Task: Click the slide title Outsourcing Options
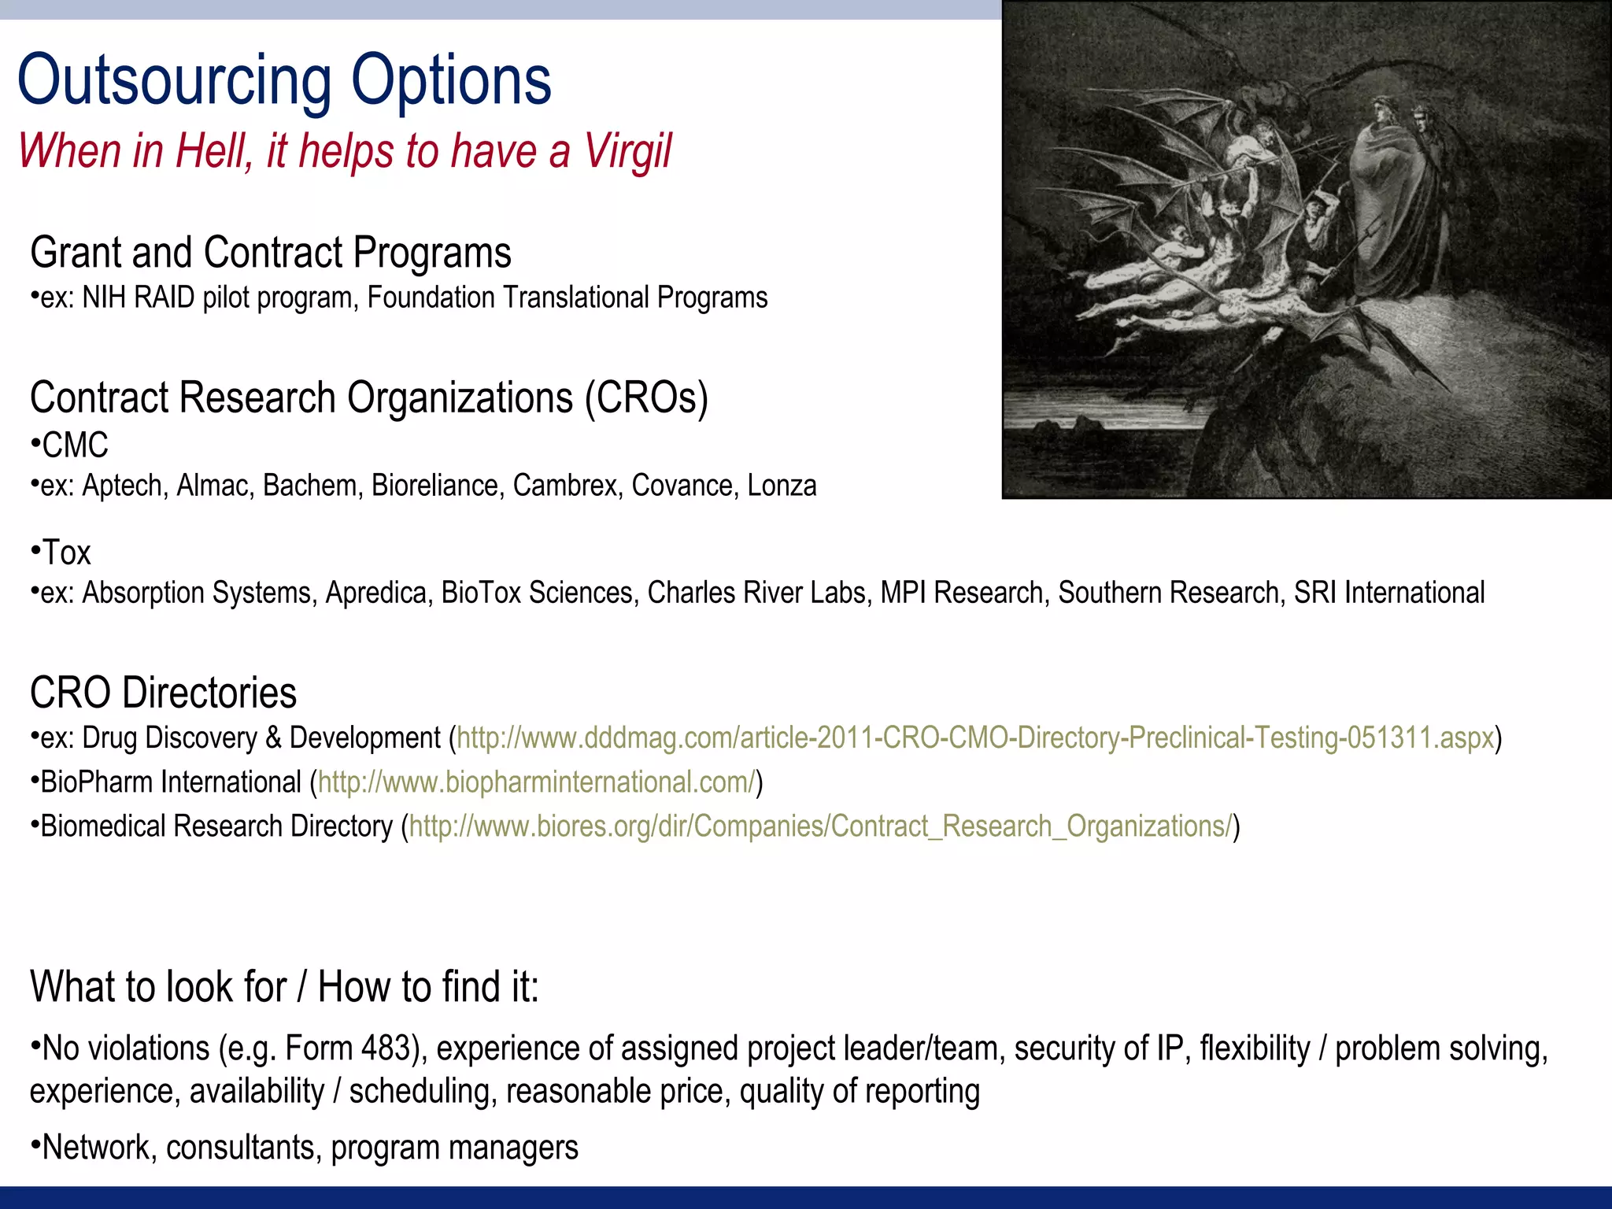(x=284, y=79)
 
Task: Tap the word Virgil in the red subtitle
(x=627, y=151)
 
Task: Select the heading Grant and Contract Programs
(x=271, y=253)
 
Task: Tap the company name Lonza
(x=782, y=486)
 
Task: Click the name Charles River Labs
(x=759, y=593)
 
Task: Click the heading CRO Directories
(x=164, y=693)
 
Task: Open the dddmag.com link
(x=974, y=738)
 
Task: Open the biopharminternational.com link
(x=536, y=782)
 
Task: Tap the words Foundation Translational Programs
(x=567, y=298)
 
